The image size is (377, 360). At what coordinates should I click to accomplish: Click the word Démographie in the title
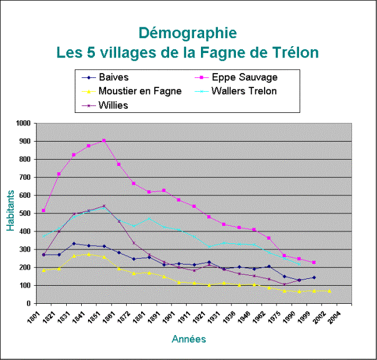[187, 32]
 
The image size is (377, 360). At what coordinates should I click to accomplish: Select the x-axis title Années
[188, 339]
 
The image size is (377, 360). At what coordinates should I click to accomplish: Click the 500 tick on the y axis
[24, 213]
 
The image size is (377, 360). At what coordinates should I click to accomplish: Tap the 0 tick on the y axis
[29, 303]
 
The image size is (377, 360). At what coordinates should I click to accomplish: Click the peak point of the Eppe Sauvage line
[104, 140]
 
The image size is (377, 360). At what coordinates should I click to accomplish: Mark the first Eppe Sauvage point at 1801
[43, 211]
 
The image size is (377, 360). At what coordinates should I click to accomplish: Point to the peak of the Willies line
[104, 206]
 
